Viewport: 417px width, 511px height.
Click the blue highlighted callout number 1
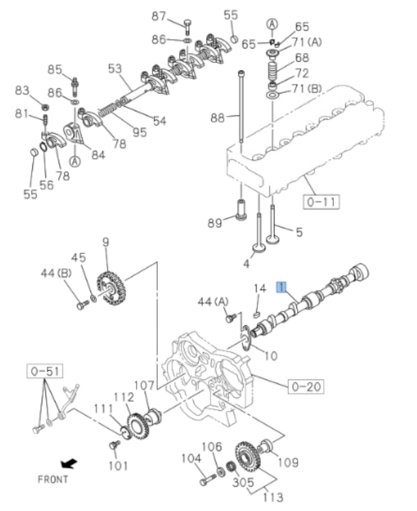coord(282,287)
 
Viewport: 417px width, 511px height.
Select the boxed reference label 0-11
coord(321,202)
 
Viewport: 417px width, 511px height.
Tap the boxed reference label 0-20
coord(305,387)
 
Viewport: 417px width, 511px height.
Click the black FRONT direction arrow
coord(69,464)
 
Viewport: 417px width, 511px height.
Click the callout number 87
coord(159,16)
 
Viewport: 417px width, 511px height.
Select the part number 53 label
coord(115,68)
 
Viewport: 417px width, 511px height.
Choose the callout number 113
coord(272,497)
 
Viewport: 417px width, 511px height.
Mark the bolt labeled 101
coord(114,445)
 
